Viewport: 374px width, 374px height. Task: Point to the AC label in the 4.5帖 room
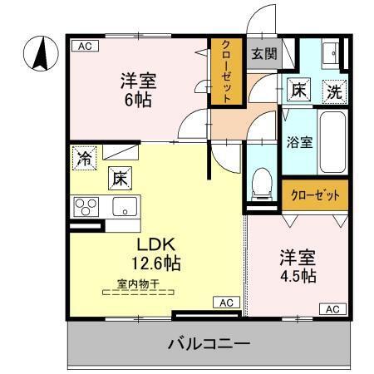pyautogui.click(x=332, y=309)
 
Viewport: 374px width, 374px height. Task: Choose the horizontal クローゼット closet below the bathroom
pyautogui.click(x=315, y=196)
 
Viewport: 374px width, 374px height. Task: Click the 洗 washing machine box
pyautogui.click(x=332, y=92)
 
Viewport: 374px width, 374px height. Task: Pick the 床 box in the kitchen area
pyautogui.click(x=119, y=177)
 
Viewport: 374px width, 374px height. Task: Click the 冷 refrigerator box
pyautogui.click(x=84, y=158)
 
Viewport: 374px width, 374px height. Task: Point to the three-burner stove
pyautogui.click(x=86, y=206)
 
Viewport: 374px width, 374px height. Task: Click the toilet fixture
pyautogui.click(x=262, y=180)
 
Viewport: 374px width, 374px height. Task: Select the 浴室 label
pyautogui.click(x=300, y=141)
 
